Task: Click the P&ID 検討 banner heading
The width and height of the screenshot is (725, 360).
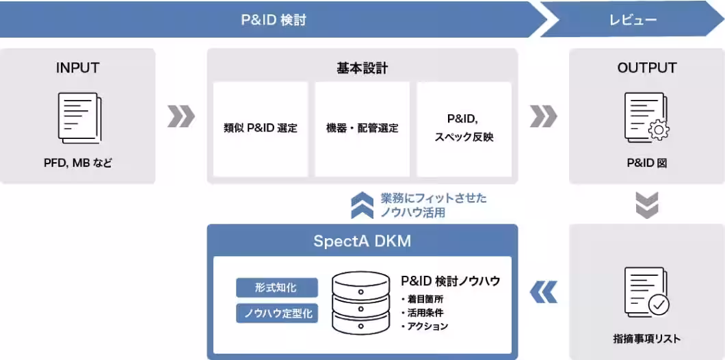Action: click(274, 21)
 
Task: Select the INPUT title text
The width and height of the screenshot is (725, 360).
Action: click(78, 68)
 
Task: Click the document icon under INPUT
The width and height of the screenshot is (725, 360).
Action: click(79, 118)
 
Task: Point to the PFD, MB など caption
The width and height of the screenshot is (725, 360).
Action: click(78, 163)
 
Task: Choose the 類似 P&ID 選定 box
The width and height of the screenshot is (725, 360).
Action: click(261, 129)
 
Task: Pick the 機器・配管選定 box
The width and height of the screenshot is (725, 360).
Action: click(362, 129)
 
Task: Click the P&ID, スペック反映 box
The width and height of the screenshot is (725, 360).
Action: click(464, 129)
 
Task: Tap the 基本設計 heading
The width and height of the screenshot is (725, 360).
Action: click(362, 68)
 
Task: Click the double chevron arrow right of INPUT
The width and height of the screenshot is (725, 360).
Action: click(181, 116)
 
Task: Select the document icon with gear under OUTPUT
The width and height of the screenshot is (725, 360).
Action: click(646, 116)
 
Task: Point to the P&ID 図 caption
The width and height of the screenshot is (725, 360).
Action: click(647, 163)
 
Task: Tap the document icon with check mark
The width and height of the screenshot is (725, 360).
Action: click(646, 292)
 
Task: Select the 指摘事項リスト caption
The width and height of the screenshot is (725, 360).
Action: click(647, 339)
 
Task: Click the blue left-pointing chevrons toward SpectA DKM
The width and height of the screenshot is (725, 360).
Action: click(543, 292)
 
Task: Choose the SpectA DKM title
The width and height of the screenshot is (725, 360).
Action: click(362, 241)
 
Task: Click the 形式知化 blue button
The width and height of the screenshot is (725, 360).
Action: click(277, 287)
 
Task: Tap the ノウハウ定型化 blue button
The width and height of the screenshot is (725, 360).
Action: click(277, 313)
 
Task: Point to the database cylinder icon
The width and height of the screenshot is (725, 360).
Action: click(361, 303)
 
